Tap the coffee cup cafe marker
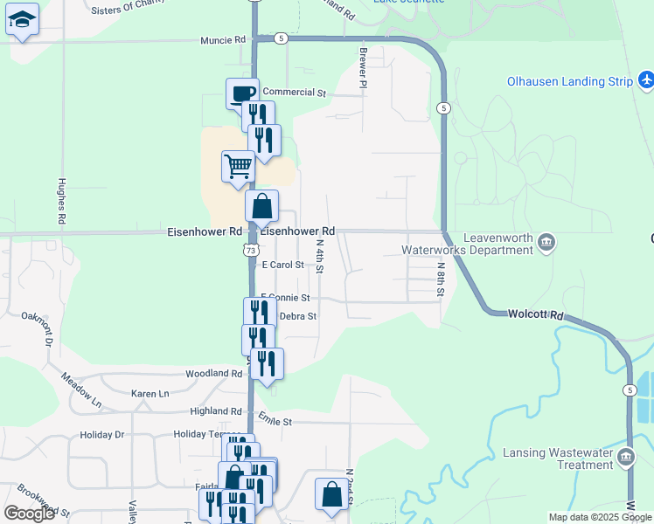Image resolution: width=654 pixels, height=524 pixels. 242,93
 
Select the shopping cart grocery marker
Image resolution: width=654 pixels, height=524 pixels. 238,165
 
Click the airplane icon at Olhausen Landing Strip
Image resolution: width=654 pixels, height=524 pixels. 646,81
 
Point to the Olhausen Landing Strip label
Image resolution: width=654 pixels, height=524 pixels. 569,82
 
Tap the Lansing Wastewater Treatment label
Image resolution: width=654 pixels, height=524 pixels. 558,458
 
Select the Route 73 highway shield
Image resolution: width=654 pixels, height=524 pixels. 251,250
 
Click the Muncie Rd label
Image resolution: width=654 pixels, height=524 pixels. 223,40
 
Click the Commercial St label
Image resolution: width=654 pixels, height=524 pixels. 294,92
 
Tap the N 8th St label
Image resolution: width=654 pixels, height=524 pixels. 442,280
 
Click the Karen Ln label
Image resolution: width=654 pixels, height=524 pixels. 150,394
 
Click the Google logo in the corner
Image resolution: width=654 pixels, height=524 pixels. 29,514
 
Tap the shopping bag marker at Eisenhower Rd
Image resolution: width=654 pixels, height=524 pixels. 261,207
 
